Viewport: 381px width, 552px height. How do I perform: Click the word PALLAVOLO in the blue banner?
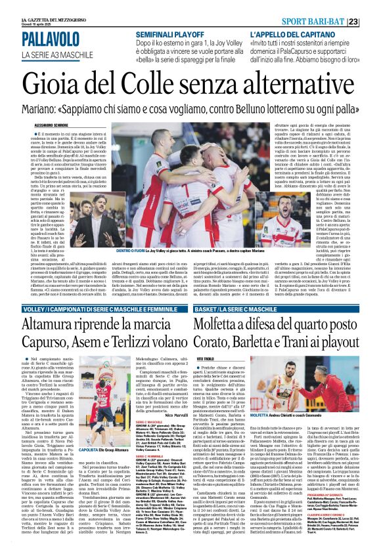coord(51,42)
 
